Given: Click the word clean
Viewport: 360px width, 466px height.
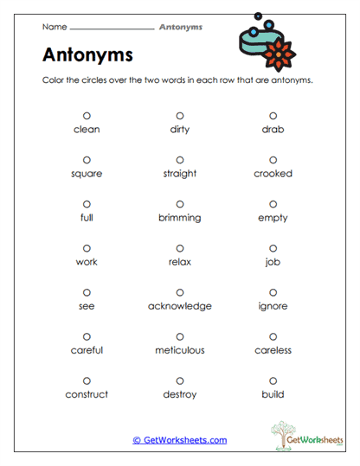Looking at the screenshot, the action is point(87,130).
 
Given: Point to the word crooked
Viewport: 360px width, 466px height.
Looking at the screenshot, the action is point(273,174).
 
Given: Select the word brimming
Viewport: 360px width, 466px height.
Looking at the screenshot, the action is point(180,218).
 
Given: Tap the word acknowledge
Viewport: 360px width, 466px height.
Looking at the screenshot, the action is point(180,306).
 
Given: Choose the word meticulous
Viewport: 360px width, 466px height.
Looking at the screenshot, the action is point(180,350).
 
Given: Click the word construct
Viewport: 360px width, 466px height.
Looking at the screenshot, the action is point(87,394).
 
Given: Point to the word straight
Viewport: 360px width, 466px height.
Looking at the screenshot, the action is point(180,174).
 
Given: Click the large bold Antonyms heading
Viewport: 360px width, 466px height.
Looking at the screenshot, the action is point(87,54).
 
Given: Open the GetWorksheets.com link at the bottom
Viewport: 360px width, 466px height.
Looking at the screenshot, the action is point(180,440).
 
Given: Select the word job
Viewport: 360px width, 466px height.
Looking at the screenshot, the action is point(273,262).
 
